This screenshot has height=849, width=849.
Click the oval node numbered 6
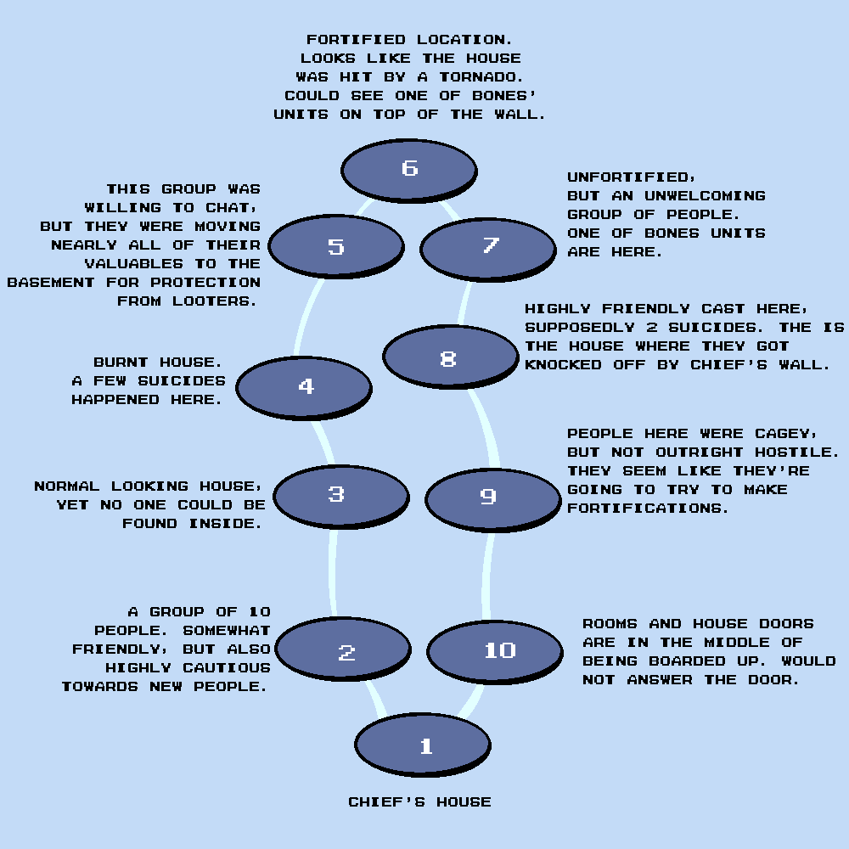coord(409,168)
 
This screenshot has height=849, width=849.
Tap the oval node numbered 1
coord(423,745)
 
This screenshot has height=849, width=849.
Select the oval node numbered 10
coord(495,650)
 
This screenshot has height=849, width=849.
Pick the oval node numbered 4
coord(304,387)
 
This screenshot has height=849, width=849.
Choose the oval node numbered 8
coord(450,357)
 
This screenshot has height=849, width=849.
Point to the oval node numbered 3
coord(341,495)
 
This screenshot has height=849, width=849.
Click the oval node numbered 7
coord(488,246)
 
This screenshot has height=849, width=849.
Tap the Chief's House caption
coord(419,802)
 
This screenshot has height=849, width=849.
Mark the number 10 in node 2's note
coord(259,612)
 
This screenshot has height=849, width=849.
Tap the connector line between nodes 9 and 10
coord(488,577)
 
